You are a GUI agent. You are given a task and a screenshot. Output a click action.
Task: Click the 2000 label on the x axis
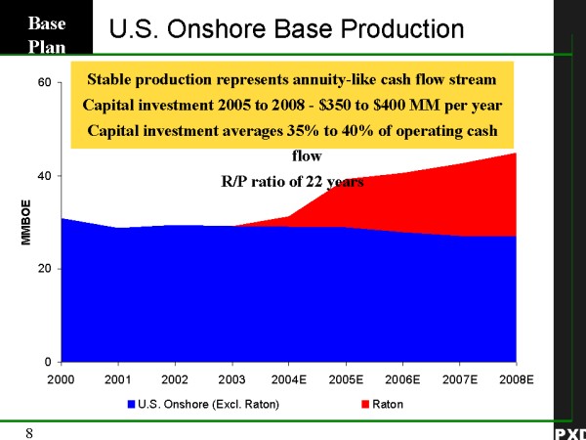[62, 378]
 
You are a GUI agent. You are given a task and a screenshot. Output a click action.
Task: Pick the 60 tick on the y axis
[44, 83]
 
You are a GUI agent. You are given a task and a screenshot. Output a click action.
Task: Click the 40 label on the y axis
[44, 176]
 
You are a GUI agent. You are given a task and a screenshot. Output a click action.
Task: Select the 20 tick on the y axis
[44, 269]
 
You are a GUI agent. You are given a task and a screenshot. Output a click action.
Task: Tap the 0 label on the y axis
[47, 363]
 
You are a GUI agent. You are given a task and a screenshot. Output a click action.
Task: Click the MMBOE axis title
[26, 223]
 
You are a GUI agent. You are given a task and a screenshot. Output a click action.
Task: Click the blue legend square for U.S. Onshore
[132, 403]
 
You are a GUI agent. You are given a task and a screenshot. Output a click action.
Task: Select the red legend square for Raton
[365, 403]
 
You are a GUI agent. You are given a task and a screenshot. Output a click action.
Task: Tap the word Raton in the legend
[388, 403]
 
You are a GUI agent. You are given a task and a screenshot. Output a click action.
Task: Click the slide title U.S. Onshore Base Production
[287, 29]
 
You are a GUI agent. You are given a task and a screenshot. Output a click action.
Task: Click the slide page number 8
[30, 431]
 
